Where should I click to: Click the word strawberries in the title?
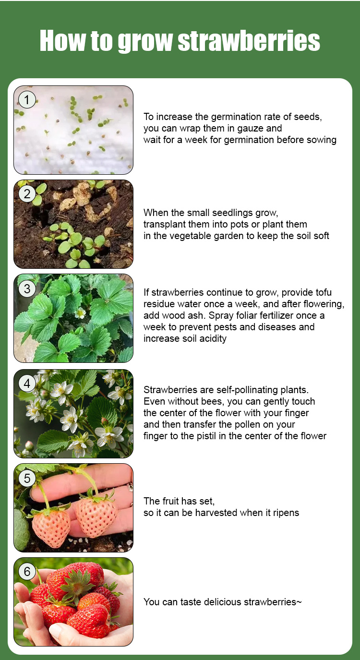pyautogui.click(x=249, y=41)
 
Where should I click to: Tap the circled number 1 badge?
pyautogui.click(x=27, y=99)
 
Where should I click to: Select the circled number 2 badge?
pyautogui.click(x=27, y=194)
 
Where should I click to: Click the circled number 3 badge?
pyautogui.click(x=27, y=288)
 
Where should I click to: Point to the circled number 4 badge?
pyautogui.click(x=27, y=384)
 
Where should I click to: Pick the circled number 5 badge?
pyautogui.click(x=27, y=478)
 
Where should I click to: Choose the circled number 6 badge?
pyautogui.click(x=27, y=572)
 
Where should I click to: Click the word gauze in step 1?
pyautogui.click(x=250, y=129)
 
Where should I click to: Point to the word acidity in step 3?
pyautogui.click(x=213, y=339)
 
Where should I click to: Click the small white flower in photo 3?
pyautogui.click(x=80, y=313)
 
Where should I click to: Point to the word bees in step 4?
pyautogui.click(x=215, y=402)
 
